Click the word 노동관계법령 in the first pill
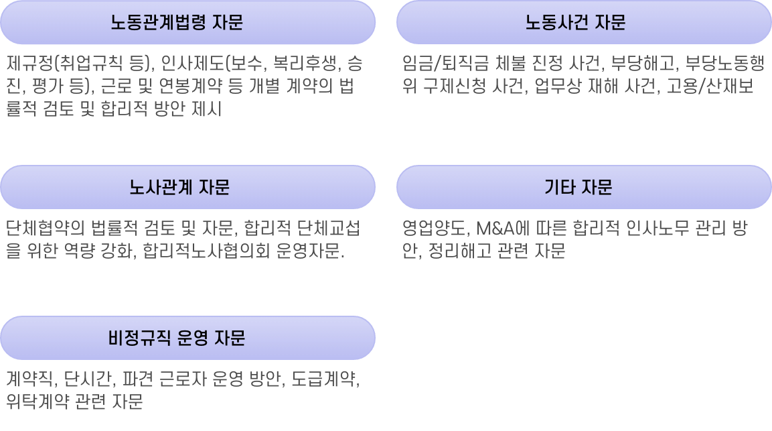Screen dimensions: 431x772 (x=158, y=23)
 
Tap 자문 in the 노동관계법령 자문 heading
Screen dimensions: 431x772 (x=227, y=23)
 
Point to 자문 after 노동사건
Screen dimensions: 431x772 (x=610, y=23)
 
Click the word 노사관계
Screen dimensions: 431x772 (x=161, y=187)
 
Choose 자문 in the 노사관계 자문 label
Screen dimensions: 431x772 (x=214, y=187)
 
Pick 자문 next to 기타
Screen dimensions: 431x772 (x=597, y=187)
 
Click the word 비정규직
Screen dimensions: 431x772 (x=141, y=338)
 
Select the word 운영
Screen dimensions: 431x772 (x=194, y=338)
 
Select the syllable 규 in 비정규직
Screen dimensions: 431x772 (x=149, y=338)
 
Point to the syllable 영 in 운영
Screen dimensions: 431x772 (x=202, y=338)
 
